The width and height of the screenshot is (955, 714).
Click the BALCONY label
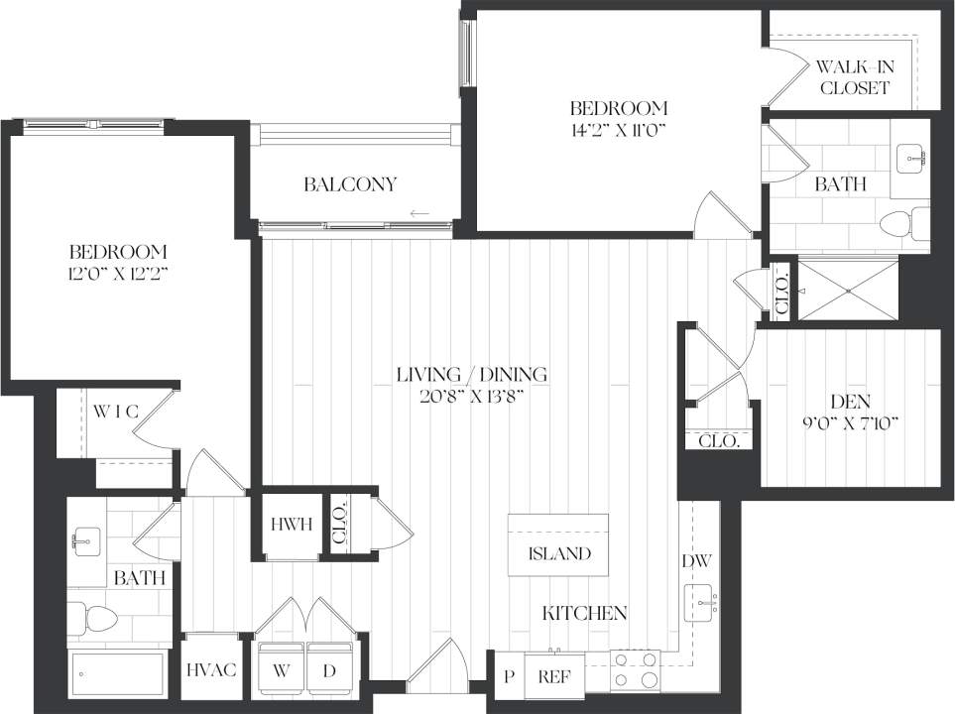coord(350,184)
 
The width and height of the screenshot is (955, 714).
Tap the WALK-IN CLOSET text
coord(852,77)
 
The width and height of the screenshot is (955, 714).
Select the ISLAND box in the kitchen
coord(558,553)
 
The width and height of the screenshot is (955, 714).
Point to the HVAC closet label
coord(211,670)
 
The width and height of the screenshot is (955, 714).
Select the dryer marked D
coord(329,669)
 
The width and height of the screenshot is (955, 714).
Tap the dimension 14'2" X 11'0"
coord(617,128)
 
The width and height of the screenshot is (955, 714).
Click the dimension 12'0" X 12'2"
coord(117,273)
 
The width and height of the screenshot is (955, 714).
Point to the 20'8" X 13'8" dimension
coord(471,396)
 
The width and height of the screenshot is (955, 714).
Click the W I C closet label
coord(115,410)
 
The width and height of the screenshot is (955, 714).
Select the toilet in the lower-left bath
coord(92,619)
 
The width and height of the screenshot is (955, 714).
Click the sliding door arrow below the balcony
coord(419,213)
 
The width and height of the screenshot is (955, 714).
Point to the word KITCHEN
coord(584,613)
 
